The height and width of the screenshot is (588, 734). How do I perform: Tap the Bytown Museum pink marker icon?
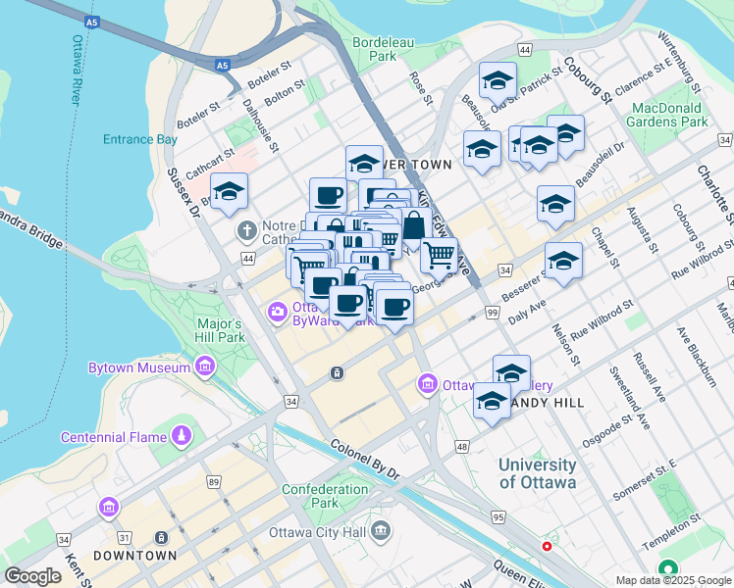point(204,367)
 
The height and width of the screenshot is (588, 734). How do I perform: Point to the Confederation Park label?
point(323,496)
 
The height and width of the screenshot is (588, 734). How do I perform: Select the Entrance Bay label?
point(140,139)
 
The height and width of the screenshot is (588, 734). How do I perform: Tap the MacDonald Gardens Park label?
point(670,114)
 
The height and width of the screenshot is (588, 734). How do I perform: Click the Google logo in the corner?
point(32,576)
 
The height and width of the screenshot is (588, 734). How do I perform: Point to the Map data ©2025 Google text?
point(673,580)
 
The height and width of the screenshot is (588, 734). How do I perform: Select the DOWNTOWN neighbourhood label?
point(134,556)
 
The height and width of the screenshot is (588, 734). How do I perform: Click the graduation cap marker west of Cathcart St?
point(229,192)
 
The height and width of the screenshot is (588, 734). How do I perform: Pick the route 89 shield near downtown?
point(214,481)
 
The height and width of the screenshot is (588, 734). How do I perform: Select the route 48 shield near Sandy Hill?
point(462,447)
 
